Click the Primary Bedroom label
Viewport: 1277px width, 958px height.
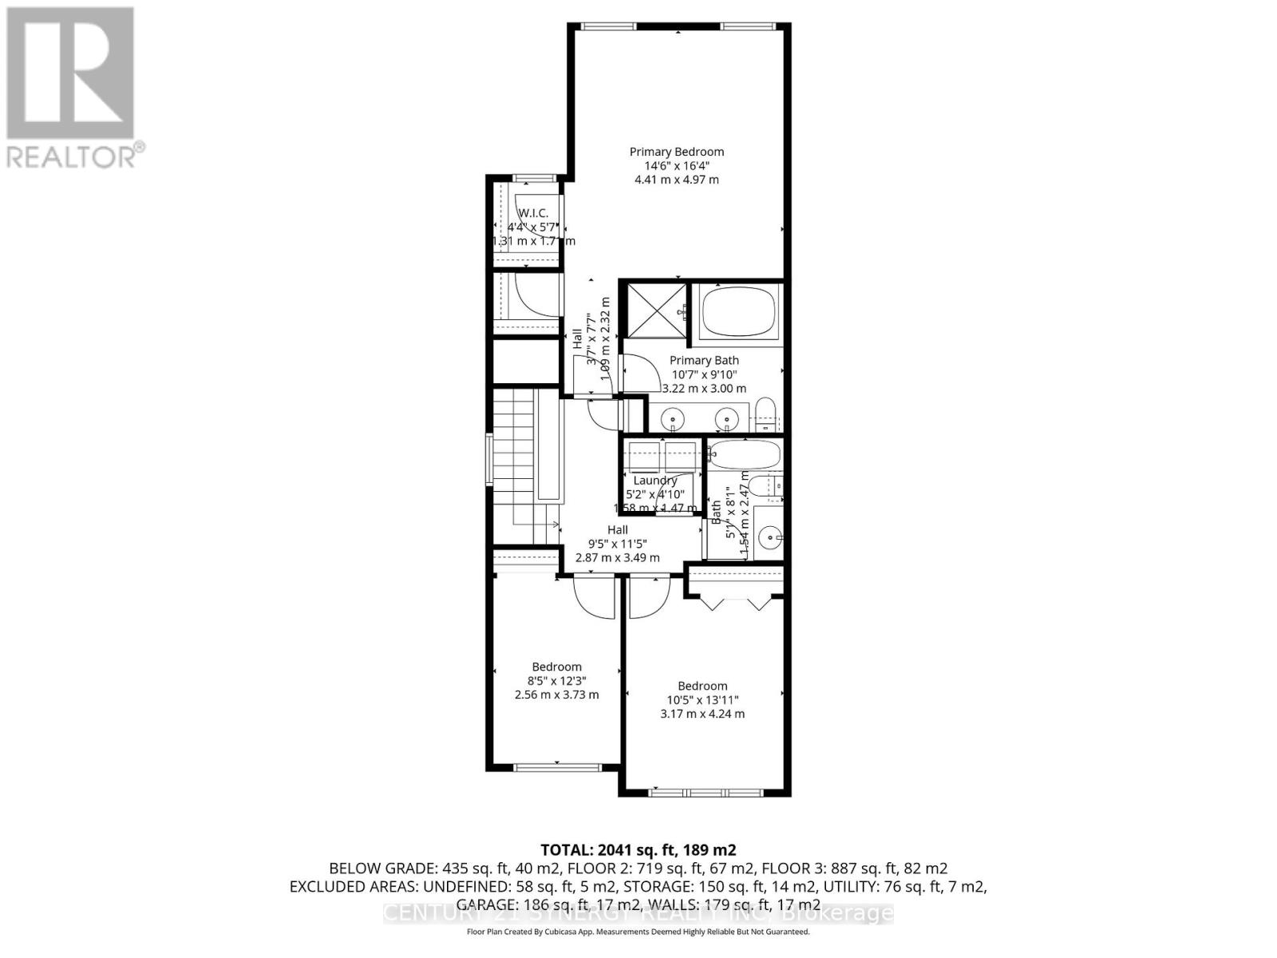[676, 152]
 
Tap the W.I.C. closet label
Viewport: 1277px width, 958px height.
[533, 212]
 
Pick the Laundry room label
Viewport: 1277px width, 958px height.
[655, 481]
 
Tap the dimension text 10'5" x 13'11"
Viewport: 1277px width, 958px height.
[702, 700]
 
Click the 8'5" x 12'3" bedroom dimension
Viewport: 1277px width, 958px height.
[556, 681]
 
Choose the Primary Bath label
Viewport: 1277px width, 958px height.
[704, 361]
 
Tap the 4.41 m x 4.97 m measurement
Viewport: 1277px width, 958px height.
[676, 180]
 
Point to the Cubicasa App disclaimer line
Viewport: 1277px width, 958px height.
[638, 932]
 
